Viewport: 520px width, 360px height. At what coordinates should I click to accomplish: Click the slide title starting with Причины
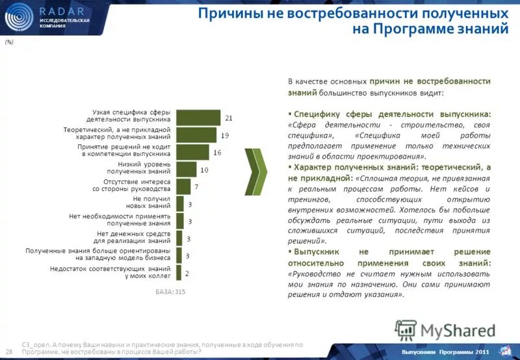(x=352, y=21)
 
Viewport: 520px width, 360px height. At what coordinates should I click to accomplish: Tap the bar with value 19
(x=196, y=135)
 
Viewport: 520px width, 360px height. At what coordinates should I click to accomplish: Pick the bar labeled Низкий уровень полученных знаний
(x=186, y=169)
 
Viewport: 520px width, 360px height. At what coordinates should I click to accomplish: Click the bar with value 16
(x=192, y=152)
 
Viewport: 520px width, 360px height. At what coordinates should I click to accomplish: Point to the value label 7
(x=196, y=187)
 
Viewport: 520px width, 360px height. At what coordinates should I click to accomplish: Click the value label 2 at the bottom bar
(x=187, y=273)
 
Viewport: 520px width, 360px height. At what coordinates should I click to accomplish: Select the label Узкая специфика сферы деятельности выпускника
(x=131, y=116)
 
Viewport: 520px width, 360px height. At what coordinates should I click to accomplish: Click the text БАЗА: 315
(x=170, y=292)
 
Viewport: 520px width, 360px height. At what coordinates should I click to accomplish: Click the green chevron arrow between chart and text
(x=258, y=173)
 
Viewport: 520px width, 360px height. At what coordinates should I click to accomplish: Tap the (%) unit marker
(x=9, y=41)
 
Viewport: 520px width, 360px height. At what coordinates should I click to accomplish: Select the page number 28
(x=9, y=351)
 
